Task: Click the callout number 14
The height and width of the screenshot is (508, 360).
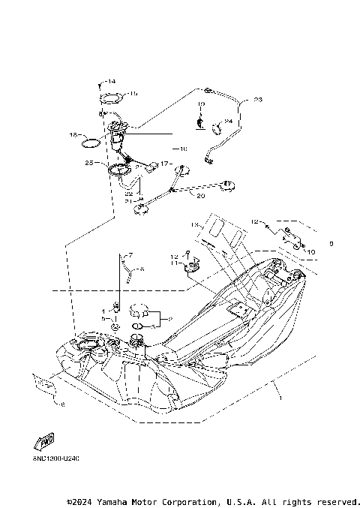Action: click(x=111, y=81)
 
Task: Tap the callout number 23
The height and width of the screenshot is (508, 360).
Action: click(x=258, y=99)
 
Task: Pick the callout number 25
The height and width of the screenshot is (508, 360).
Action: click(x=89, y=163)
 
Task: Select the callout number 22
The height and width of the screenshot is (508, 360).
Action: click(x=129, y=194)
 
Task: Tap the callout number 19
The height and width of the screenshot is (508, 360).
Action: click(x=202, y=104)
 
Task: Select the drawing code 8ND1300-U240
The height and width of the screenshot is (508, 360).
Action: click(x=56, y=457)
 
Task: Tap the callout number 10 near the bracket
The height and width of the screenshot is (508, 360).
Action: click(x=311, y=252)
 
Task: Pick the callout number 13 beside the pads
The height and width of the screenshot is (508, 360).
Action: click(x=195, y=224)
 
